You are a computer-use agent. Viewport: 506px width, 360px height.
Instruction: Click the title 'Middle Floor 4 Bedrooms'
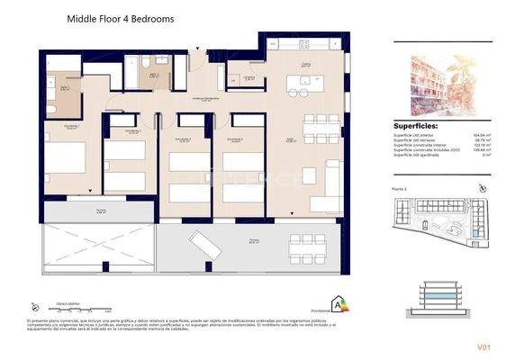click(x=121, y=18)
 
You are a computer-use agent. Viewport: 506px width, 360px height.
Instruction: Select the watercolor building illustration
click(x=439, y=83)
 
